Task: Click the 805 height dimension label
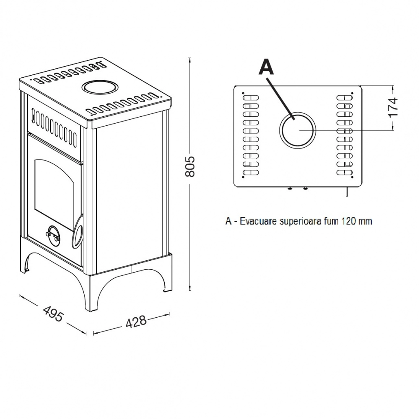(190, 166)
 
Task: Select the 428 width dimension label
(136, 322)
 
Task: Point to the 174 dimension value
(393, 107)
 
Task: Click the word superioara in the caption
(301, 222)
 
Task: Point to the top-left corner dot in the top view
(243, 93)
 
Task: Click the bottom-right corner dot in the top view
(352, 177)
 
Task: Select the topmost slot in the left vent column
(251, 98)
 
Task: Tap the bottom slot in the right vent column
(345, 172)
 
